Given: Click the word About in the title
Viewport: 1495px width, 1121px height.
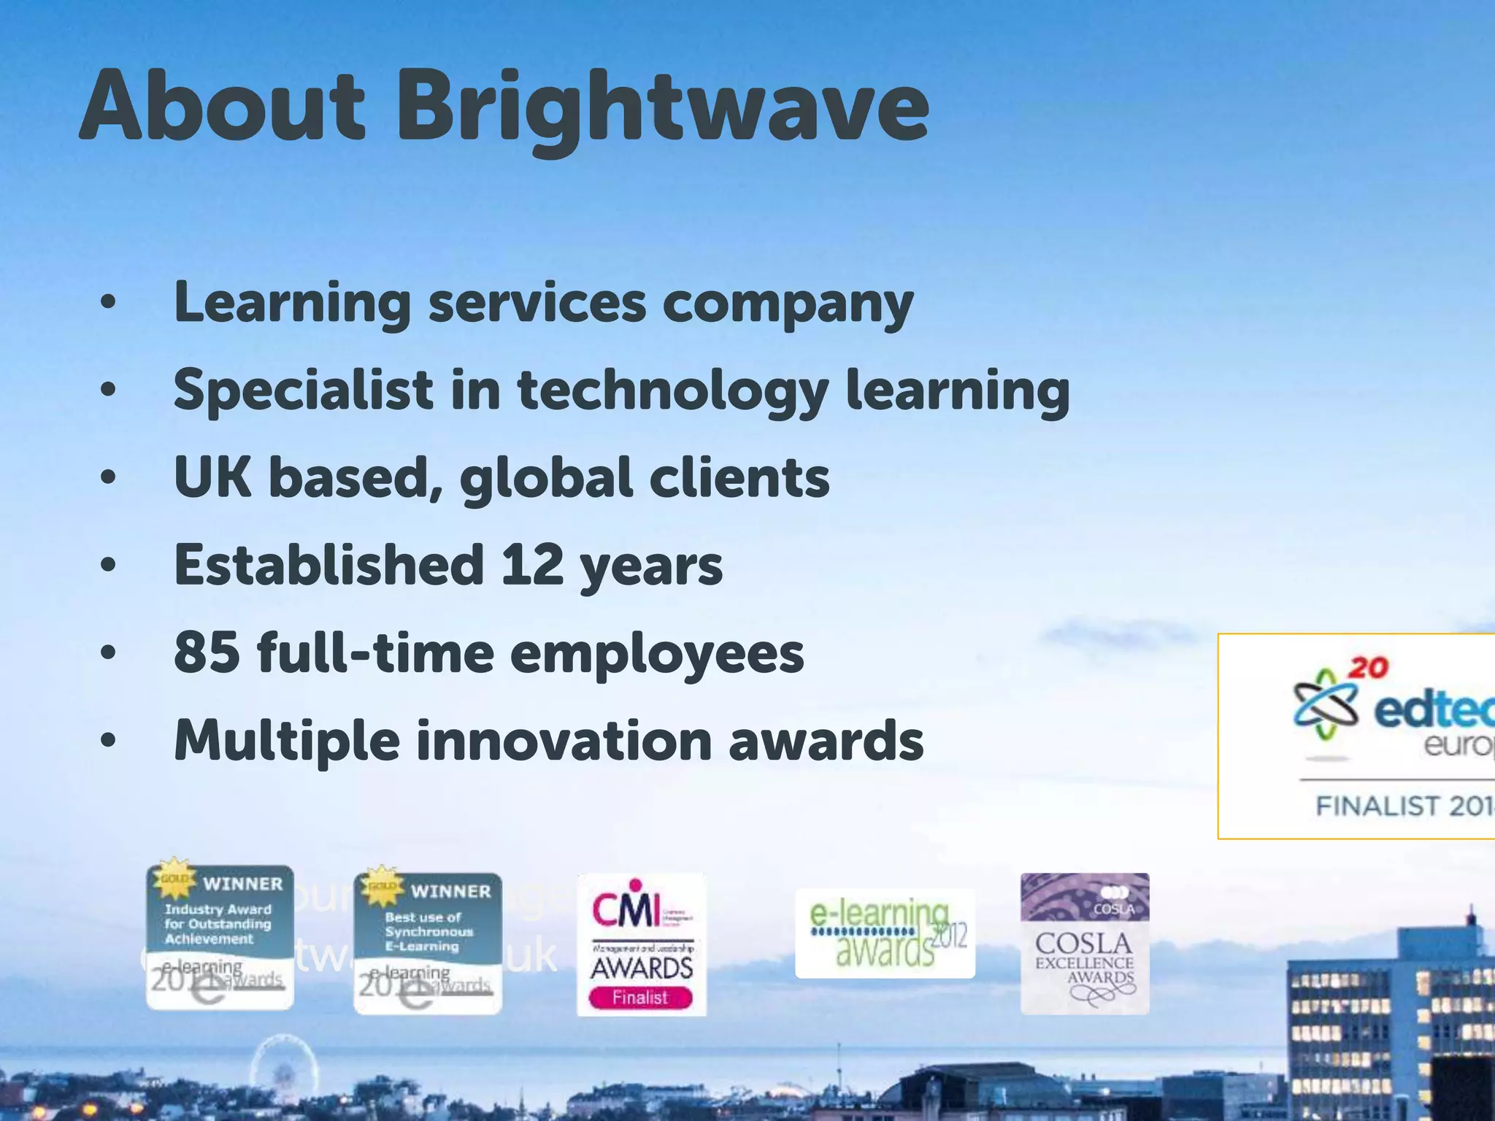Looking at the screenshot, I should (222, 107).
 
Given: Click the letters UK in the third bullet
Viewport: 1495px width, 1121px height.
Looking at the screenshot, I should (212, 477).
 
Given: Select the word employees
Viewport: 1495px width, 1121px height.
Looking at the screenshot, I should (657, 653).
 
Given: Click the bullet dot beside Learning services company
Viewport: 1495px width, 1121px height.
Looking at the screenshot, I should (108, 304).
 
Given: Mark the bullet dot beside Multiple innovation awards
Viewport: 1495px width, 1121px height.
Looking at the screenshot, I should (108, 741).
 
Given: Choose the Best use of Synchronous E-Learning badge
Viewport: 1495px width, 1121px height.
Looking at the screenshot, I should (428, 942).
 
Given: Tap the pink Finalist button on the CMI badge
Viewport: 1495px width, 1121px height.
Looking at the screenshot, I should (640, 997).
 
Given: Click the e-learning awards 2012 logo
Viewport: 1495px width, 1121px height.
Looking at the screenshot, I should (885, 933).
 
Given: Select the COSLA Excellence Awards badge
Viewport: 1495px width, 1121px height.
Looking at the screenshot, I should (1085, 943).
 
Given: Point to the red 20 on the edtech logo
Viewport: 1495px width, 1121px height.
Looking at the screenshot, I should (1367, 667).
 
